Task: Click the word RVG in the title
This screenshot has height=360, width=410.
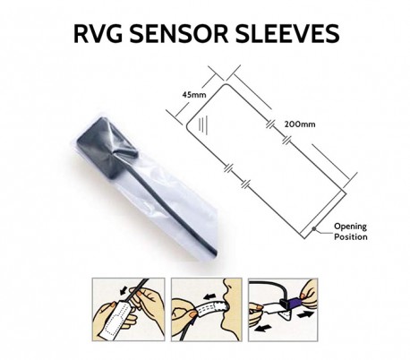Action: click(x=98, y=33)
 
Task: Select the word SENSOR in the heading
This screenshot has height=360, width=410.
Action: click(x=179, y=33)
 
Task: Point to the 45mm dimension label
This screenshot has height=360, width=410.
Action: click(x=194, y=95)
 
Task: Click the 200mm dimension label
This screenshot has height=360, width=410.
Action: click(x=300, y=124)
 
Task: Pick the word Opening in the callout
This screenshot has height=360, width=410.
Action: click(x=350, y=227)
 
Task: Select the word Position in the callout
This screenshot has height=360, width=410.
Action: click(x=351, y=237)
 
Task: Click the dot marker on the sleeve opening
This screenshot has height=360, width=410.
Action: click(x=314, y=229)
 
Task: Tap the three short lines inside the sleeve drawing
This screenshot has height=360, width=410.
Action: click(x=204, y=124)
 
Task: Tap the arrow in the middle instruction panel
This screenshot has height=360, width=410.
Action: click(x=209, y=296)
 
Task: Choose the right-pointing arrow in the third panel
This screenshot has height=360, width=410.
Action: click(x=305, y=314)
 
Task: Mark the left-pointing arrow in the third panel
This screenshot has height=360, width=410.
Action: click(x=263, y=329)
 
